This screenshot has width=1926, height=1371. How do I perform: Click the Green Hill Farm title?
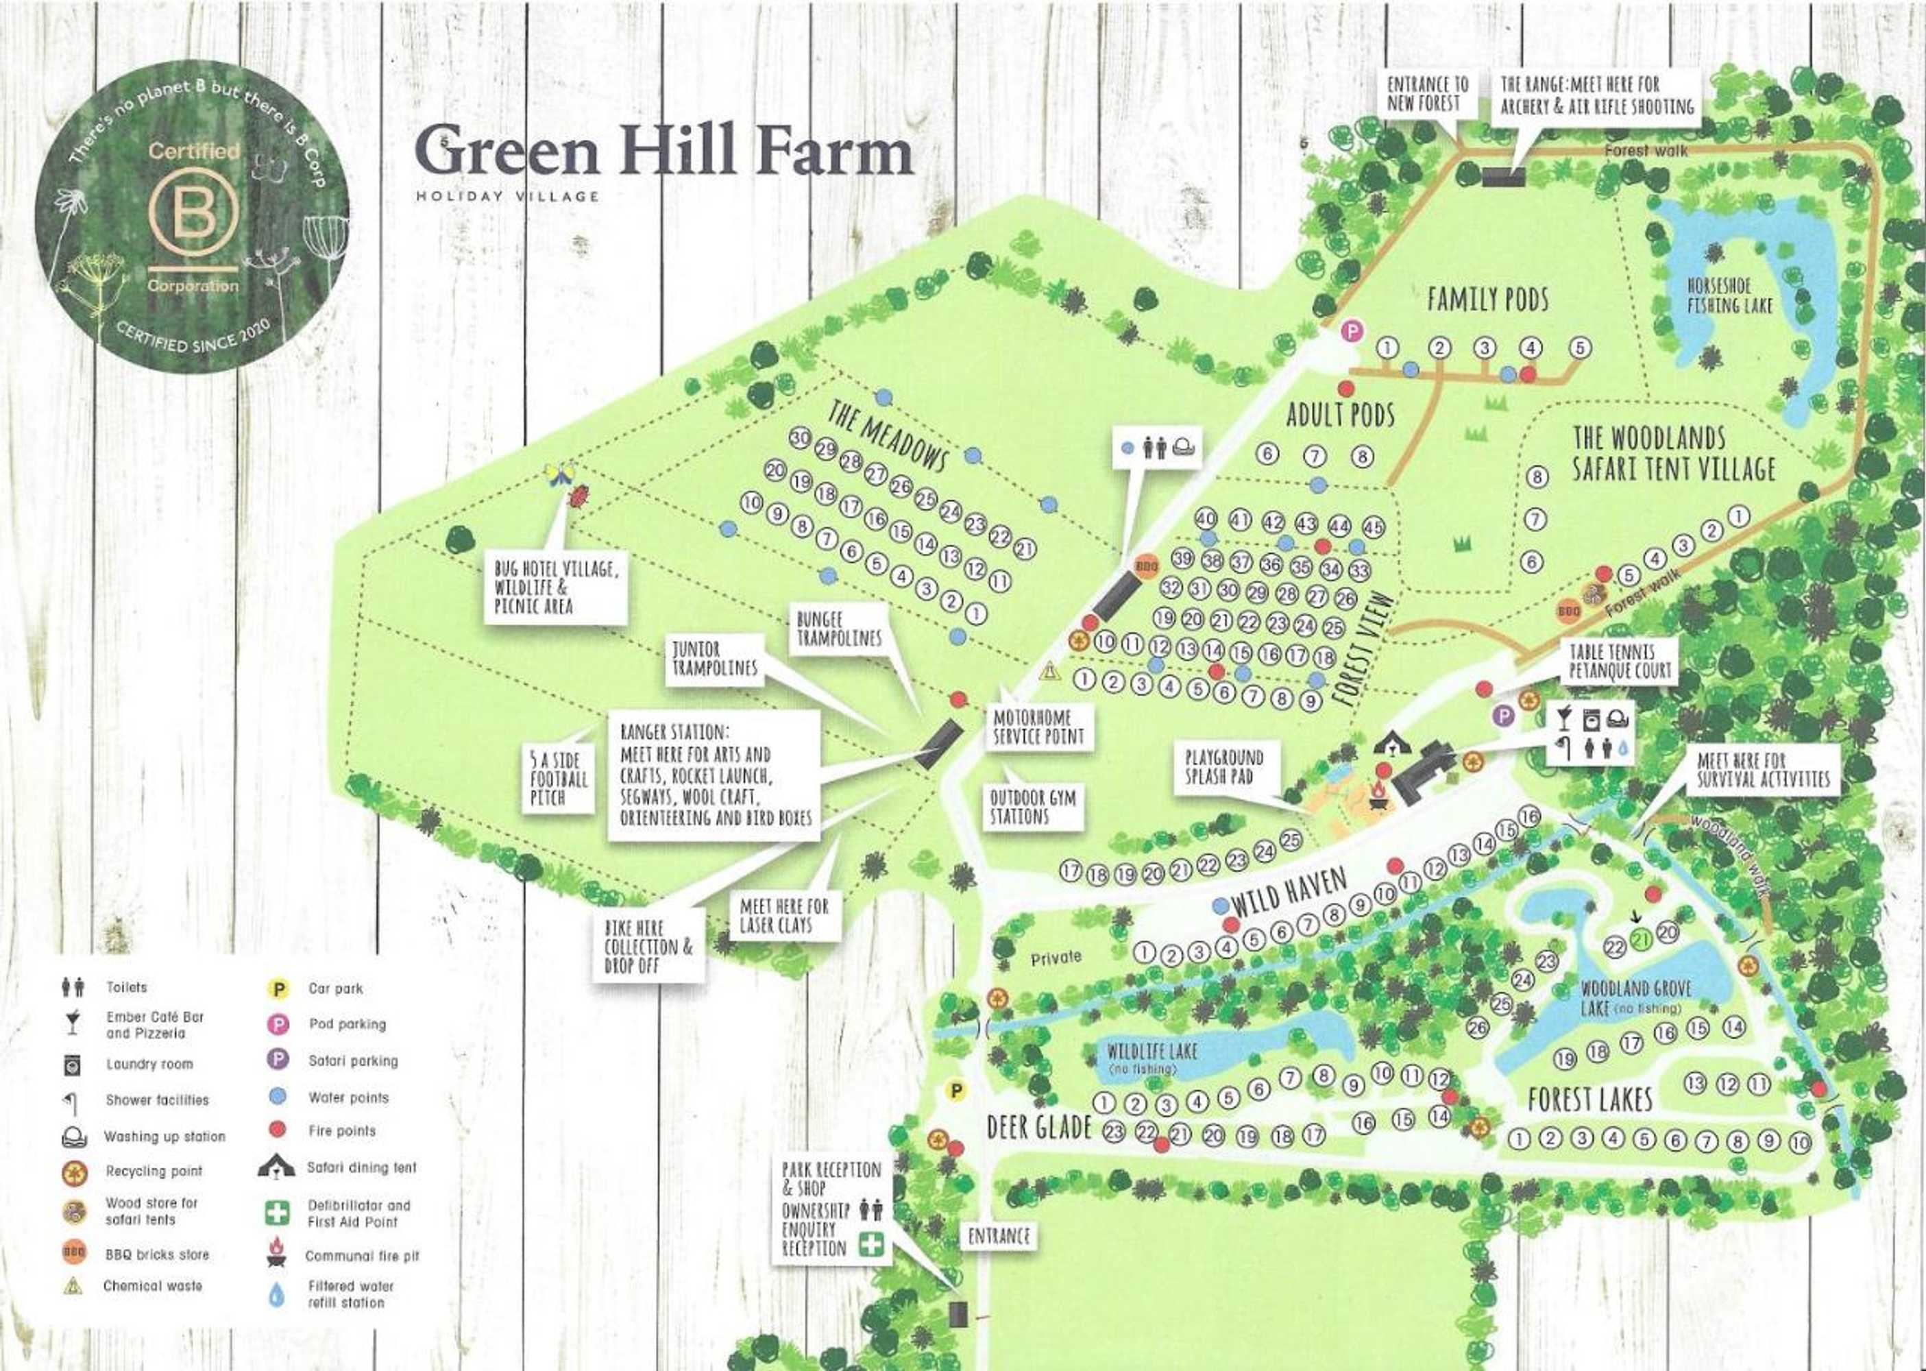[663, 153]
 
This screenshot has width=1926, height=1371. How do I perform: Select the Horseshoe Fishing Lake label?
[1729, 295]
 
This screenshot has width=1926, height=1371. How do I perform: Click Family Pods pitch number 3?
[1485, 348]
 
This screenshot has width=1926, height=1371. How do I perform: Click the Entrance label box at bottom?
[999, 1236]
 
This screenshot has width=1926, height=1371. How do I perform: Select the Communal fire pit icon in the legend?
[276, 1253]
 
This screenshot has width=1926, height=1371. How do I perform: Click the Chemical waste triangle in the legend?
[73, 1286]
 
